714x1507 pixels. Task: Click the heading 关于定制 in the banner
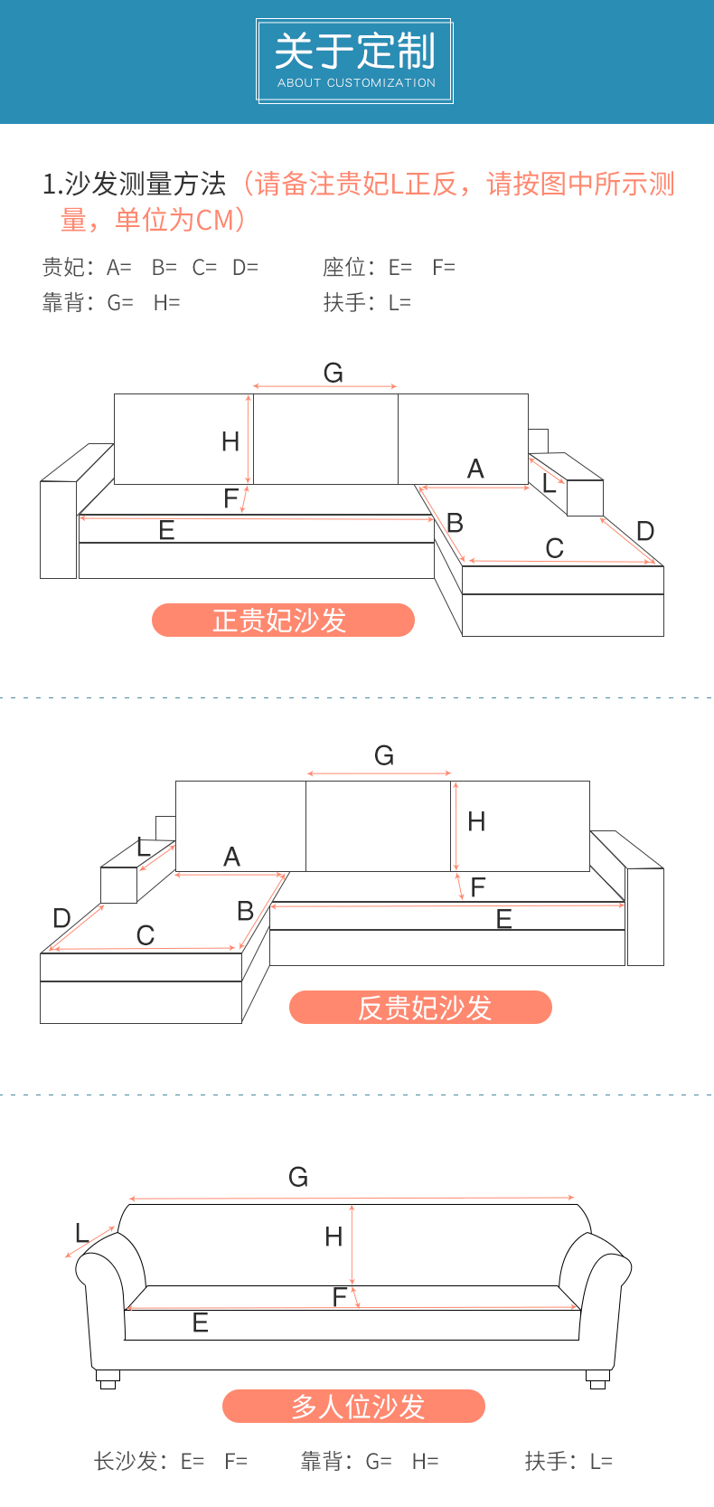click(355, 51)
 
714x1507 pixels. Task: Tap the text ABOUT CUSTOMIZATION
click(356, 82)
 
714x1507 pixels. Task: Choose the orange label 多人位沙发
click(354, 1407)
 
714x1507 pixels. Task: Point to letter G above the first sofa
click(334, 373)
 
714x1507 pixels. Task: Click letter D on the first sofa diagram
click(645, 531)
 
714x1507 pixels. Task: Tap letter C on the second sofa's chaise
click(146, 935)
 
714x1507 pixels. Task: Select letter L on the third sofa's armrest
click(82, 1233)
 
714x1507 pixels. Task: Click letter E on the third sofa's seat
click(201, 1323)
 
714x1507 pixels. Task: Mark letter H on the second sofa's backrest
click(476, 821)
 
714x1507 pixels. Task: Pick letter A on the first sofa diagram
click(475, 469)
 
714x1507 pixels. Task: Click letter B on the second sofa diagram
click(245, 911)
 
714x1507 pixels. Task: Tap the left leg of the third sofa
click(108, 1379)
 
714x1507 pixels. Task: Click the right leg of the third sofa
click(597, 1379)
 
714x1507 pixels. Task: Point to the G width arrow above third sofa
click(352, 1198)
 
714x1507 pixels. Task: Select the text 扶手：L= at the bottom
click(568, 1461)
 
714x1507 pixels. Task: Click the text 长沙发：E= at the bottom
click(149, 1461)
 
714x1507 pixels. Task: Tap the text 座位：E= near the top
click(367, 267)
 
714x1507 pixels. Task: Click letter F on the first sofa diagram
click(231, 498)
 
